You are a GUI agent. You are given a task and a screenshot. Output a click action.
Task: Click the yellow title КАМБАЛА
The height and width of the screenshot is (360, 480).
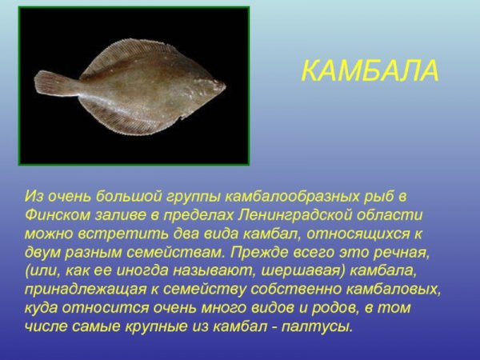coord(370,70)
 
